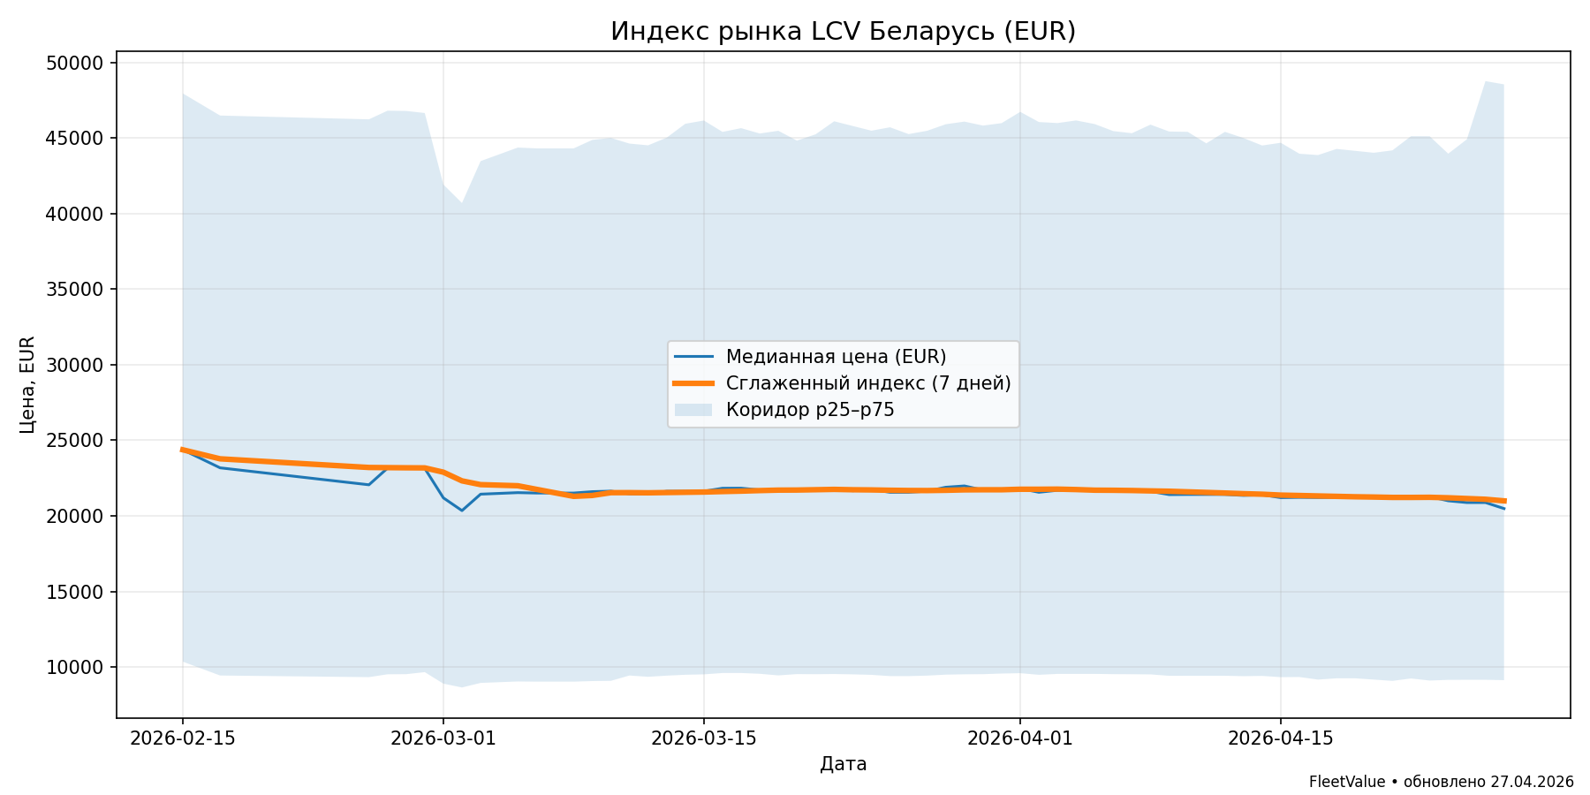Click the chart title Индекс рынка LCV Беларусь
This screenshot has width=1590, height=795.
[843, 32]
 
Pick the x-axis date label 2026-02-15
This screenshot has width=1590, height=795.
[183, 738]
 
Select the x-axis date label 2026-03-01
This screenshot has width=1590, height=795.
[443, 738]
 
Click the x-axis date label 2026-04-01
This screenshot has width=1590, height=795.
[1019, 738]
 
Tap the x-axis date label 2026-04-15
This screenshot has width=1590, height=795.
[1280, 738]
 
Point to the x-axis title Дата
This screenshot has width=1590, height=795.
[843, 765]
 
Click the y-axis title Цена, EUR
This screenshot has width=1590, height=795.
[27, 384]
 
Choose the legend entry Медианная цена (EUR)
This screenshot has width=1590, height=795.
[836, 357]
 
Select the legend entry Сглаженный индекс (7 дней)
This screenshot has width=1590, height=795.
[867, 383]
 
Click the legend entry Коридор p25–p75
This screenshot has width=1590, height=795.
[809, 410]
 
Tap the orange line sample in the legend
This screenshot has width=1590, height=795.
[693, 383]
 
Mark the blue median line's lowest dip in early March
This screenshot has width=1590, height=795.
[461, 511]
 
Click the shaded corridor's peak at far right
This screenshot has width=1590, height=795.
[1486, 82]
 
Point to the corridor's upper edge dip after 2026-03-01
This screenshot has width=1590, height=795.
[461, 203]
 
